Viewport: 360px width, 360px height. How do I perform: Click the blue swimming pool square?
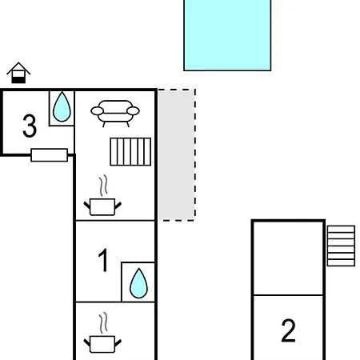point(227,35)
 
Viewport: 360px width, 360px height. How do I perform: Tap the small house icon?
point(18,73)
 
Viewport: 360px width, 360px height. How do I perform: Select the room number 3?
point(30,126)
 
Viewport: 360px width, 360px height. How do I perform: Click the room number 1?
point(103,260)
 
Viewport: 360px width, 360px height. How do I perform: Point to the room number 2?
point(288,330)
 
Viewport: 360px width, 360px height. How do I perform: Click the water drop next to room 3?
point(62,107)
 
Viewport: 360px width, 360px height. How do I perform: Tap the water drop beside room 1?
point(138,283)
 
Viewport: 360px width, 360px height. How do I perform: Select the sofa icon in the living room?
point(115,114)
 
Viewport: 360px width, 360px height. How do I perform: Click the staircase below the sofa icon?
point(130,152)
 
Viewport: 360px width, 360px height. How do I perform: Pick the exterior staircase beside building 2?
point(341,246)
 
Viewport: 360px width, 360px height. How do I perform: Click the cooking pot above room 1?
point(102,206)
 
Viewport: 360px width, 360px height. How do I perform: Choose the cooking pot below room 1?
point(102,344)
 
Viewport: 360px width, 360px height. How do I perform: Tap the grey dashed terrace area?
point(177,155)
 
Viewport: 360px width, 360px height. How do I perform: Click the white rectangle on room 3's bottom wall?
point(50,155)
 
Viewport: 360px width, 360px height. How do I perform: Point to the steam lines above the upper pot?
point(104,186)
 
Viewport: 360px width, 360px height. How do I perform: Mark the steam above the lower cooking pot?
point(104,323)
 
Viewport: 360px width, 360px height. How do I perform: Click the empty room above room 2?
point(288,258)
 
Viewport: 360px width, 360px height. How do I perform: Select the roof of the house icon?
point(18,68)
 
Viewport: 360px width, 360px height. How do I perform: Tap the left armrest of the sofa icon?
point(97,110)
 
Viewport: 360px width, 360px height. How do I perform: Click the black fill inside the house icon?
point(18,80)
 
